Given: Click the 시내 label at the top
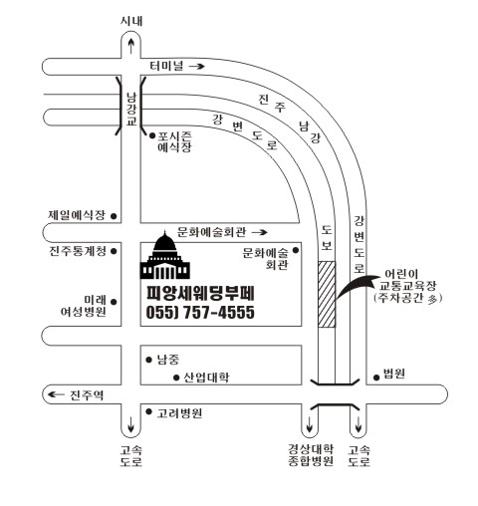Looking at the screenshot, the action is (x=131, y=21).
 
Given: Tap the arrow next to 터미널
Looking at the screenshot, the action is (x=197, y=66).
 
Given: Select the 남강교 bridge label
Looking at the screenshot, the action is (x=131, y=110).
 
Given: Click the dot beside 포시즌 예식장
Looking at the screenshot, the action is (x=152, y=135).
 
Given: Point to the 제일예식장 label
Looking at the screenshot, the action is (x=77, y=215).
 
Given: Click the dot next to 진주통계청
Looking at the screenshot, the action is (x=114, y=251).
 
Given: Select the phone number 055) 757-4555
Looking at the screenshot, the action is (x=200, y=312).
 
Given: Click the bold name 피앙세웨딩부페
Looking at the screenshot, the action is (x=200, y=293).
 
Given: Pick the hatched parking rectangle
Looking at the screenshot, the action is (x=327, y=294).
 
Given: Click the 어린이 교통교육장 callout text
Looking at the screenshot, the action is (x=408, y=286).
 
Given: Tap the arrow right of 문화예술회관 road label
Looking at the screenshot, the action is (x=259, y=232).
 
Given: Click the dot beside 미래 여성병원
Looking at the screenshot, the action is (x=114, y=302).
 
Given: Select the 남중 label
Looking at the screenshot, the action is (x=168, y=360).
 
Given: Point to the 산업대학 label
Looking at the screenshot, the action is (x=206, y=378).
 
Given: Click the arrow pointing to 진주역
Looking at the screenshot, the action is (x=56, y=394).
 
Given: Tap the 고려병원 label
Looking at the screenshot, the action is (x=179, y=413).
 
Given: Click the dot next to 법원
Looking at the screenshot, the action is (x=376, y=378).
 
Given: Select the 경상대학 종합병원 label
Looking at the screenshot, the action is (x=311, y=455).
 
